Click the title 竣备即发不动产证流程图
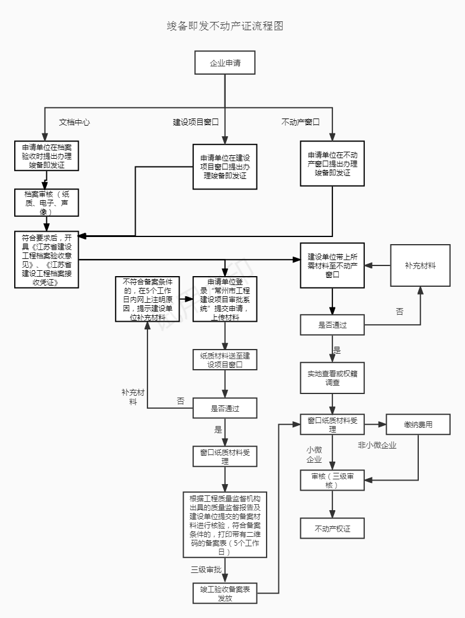click(x=226, y=27)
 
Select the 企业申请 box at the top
click(x=225, y=63)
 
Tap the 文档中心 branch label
click(x=75, y=122)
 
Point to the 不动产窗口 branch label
click(x=300, y=122)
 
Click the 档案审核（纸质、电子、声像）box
click(x=47, y=203)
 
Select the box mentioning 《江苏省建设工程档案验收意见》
click(x=47, y=260)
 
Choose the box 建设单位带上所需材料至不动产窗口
click(x=332, y=265)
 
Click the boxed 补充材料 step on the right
click(x=420, y=265)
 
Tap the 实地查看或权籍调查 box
click(x=332, y=378)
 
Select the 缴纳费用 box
click(x=418, y=424)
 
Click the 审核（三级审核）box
click(x=332, y=481)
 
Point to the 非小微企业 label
click(x=377, y=445)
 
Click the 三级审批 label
click(x=206, y=569)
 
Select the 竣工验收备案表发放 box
click(x=225, y=594)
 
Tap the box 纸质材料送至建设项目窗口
click(x=225, y=360)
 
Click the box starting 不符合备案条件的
click(x=147, y=299)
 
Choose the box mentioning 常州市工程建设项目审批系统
click(x=225, y=299)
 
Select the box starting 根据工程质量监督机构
click(x=225, y=524)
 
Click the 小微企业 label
click(x=314, y=454)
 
